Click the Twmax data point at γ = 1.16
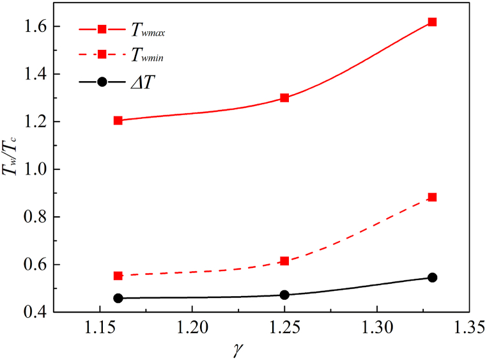(118, 120)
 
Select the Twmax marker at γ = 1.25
(284, 98)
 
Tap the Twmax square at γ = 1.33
(433, 22)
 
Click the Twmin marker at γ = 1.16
(118, 276)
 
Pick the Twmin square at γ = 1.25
(284, 261)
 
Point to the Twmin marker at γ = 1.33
(433, 197)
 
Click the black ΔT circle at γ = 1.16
(118, 298)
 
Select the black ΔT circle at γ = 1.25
(284, 295)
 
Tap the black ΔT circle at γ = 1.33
(433, 278)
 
